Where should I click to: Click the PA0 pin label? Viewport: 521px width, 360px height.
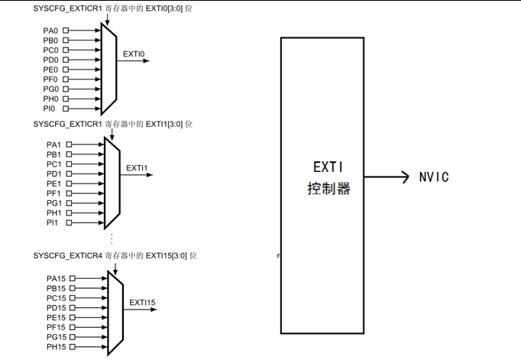[x=50, y=31]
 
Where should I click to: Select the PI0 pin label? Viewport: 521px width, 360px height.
[x=49, y=109]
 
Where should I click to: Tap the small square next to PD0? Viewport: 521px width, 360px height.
[x=66, y=60]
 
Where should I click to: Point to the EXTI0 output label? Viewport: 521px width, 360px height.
[x=134, y=54]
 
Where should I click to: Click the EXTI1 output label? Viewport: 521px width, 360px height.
[x=137, y=168]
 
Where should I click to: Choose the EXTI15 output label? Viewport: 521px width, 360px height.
[x=142, y=303]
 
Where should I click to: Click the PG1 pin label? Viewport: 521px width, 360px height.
[x=54, y=203]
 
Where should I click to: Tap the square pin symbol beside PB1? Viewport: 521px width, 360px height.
[x=69, y=154]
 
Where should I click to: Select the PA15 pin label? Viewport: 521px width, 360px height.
[x=57, y=278]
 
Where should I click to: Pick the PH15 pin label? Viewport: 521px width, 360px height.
[x=57, y=347]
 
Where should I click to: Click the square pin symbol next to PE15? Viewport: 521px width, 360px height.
[x=73, y=317]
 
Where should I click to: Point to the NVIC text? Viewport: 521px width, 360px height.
[x=434, y=177]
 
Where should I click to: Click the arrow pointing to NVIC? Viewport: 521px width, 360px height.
[x=387, y=177]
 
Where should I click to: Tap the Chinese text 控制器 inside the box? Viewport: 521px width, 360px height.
[x=329, y=189]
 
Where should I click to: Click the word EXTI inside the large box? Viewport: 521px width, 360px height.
[x=328, y=167]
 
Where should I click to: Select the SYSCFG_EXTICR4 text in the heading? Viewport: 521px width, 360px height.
[x=68, y=256]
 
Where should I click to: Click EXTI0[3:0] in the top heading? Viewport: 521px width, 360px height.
[x=164, y=8]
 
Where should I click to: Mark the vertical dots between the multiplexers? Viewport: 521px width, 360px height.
[x=112, y=238]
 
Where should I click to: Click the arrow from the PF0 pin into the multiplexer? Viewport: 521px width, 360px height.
[x=84, y=79]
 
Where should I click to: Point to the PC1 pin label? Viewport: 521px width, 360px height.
[x=53, y=164]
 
